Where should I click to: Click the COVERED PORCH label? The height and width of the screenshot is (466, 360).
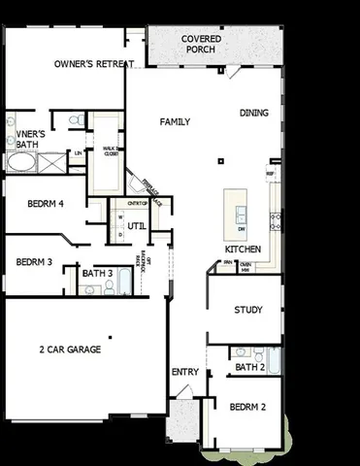point(201,44)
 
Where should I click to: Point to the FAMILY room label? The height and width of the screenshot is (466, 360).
point(175,122)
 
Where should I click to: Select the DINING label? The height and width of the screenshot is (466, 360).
point(255,114)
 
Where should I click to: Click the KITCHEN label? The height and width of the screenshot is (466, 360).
point(244,249)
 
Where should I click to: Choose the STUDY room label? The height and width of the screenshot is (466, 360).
point(248,311)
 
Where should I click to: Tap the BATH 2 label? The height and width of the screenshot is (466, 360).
point(249,367)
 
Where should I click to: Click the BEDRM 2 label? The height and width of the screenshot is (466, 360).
point(247,408)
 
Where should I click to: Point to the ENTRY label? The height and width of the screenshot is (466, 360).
point(184,372)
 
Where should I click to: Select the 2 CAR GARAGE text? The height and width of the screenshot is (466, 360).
point(70,349)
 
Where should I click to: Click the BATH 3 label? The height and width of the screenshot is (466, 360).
point(97,274)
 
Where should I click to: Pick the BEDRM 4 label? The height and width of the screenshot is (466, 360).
point(45,204)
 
